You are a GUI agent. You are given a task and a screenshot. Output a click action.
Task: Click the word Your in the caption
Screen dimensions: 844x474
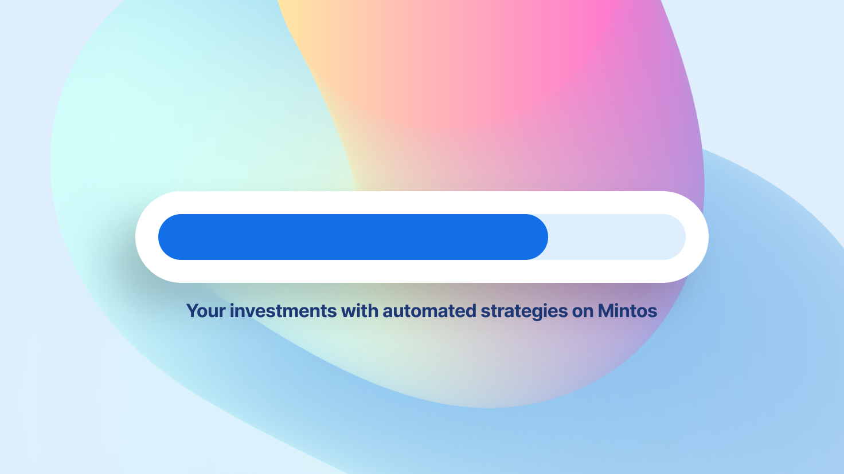(206, 311)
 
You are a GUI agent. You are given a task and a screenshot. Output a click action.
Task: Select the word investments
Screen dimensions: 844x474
(283, 311)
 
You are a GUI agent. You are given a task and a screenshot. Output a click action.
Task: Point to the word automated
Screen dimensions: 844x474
(429, 311)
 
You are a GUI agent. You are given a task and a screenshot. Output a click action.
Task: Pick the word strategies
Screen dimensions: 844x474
(524, 312)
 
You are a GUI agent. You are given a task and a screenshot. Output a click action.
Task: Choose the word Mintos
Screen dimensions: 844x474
(627, 311)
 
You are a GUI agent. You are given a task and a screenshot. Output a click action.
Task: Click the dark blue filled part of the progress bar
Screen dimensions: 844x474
(353, 237)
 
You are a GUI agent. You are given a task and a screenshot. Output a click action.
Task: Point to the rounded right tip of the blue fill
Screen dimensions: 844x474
(548, 237)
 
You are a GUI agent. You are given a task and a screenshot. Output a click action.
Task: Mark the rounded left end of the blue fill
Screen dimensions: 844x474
(159, 237)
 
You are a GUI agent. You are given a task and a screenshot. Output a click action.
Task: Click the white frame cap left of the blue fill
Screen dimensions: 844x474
(147, 237)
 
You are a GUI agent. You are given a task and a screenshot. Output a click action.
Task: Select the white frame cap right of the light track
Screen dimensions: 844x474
(697, 237)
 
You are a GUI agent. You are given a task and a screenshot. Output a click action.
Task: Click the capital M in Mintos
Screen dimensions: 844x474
(606, 311)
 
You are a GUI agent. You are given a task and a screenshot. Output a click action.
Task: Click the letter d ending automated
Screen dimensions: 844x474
(471, 311)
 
